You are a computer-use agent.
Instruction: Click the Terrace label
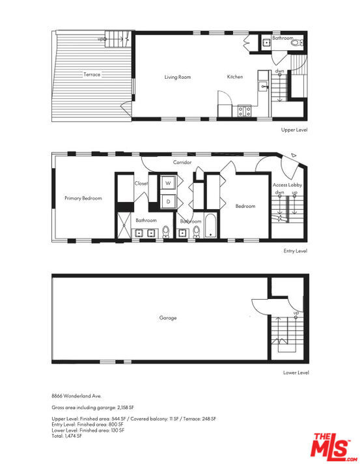[92, 74]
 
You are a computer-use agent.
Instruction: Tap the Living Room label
[178, 77]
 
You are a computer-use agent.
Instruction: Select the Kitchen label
[235, 77]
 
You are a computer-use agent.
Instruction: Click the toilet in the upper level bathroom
[297, 43]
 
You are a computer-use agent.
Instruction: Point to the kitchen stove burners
[245, 111]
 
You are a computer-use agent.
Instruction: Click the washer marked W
[168, 183]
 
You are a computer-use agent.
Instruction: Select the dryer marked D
[168, 201]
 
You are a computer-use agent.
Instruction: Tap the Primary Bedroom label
[83, 198]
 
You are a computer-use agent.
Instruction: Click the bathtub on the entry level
[211, 226]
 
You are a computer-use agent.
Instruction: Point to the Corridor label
[182, 162]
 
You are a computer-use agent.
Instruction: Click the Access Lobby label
[287, 185]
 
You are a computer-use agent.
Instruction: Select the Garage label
[168, 318]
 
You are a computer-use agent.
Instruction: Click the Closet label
[141, 183]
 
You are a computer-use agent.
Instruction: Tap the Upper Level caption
[294, 130]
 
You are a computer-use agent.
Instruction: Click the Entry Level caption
[296, 251]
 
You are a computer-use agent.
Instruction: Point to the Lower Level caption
[296, 373]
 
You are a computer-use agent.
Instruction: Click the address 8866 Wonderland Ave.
[77, 396]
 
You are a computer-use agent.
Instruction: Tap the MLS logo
[333, 448]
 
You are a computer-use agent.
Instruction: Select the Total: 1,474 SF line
[66, 436]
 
